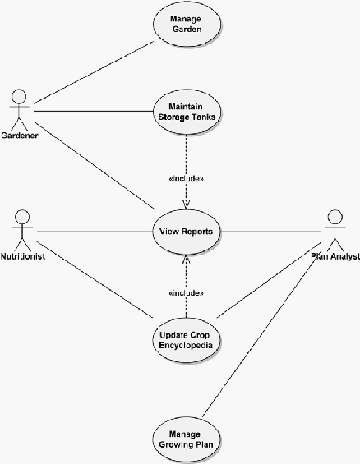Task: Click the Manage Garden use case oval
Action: tap(187, 25)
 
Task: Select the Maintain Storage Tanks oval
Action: tap(187, 112)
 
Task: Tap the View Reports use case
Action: tap(187, 232)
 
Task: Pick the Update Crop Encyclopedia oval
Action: tap(187, 340)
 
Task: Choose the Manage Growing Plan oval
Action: tap(187, 439)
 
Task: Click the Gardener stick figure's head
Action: tap(19, 96)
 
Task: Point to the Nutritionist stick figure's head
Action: tap(22, 217)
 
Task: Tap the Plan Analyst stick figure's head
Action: tap(335, 217)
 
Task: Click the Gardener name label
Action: tap(20, 136)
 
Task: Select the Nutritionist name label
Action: tap(23, 256)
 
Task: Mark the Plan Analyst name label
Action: tap(335, 256)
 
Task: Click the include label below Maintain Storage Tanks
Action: tap(187, 179)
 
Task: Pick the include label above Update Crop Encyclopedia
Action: tap(187, 293)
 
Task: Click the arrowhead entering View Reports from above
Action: tap(187, 205)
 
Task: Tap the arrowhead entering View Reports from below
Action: tap(187, 259)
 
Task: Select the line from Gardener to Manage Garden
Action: tap(94, 72)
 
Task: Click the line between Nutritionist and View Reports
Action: tap(95, 232)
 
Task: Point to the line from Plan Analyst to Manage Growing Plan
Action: tap(261, 334)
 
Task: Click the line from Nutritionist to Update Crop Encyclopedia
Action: tap(95, 280)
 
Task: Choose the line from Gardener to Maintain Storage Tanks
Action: tap(93, 111)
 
